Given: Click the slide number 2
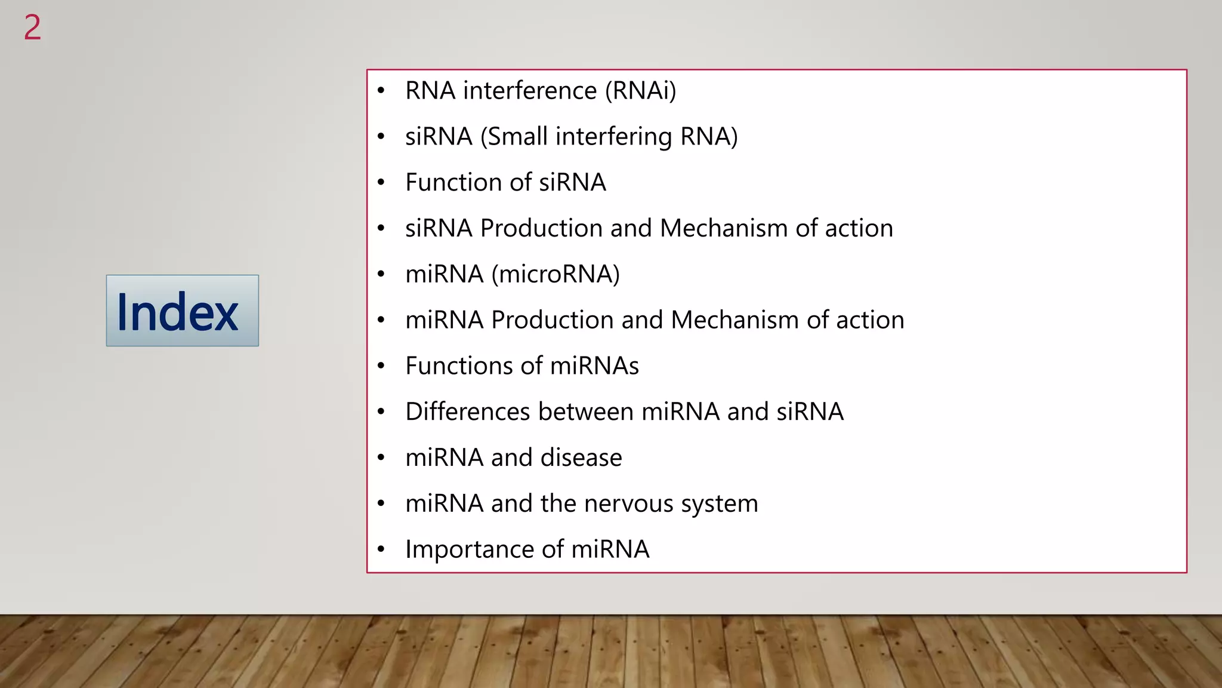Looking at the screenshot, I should coord(32,28).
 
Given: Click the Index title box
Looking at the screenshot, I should coord(182,311).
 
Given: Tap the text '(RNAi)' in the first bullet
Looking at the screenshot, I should coord(640,91).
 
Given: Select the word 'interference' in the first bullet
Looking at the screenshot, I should coord(530,91).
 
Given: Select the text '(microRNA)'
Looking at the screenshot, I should coord(555,274).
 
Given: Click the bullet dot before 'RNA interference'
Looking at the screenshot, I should coord(381,91).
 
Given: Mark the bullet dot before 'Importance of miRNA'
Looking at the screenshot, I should coord(381,549).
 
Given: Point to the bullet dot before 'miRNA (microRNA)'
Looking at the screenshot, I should coord(381,274).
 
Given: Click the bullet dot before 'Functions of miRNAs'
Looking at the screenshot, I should coord(381,366).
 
